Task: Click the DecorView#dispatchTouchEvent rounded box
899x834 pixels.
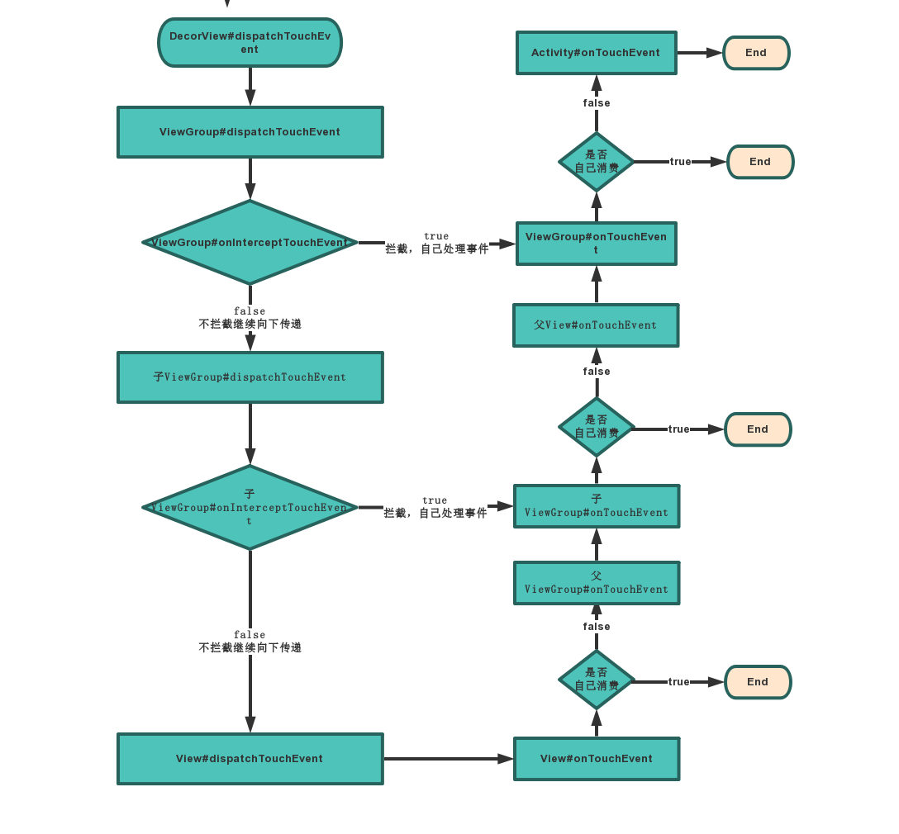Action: (250, 43)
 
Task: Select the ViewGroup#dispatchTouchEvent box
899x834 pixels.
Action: (250, 132)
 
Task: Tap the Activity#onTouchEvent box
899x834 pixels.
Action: (596, 53)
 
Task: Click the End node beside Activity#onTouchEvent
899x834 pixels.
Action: (756, 53)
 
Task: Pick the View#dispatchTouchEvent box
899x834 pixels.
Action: (250, 759)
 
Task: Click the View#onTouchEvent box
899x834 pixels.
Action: (596, 759)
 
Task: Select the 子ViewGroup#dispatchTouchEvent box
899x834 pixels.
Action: (250, 377)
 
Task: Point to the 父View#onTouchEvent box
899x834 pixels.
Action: (596, 325)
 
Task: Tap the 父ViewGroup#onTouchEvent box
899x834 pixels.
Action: (596, 583)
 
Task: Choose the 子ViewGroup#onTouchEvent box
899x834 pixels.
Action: (596, 506)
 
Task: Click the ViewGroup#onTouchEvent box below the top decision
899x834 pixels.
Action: (596, 244)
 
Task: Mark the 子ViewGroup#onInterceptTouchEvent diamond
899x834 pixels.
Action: (250, 507)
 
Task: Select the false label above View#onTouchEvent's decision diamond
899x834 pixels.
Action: (596, 627)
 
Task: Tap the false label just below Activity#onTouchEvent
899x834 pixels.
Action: (596, 103)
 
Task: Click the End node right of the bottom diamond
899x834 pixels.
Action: (758, 682)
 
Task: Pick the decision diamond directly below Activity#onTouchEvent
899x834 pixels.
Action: (596, 162)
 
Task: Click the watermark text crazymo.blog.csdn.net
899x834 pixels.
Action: (806, 819)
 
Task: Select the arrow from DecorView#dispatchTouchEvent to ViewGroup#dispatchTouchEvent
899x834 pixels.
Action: (250, 87)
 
